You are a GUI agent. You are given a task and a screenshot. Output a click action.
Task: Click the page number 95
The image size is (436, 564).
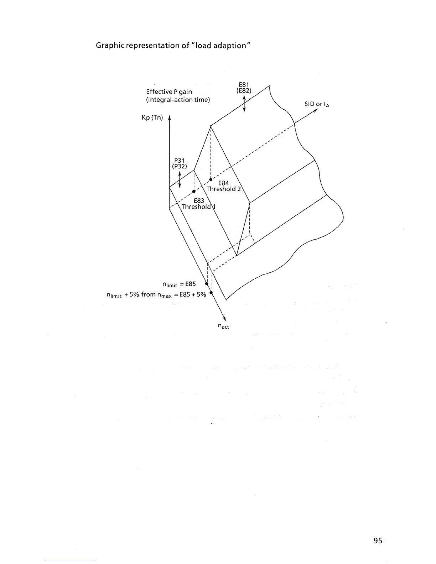click(378, 541)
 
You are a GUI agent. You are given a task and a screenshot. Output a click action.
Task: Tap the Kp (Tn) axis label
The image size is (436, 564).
click(152, 117)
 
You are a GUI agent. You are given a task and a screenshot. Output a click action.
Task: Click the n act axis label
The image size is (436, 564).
click(223, 325)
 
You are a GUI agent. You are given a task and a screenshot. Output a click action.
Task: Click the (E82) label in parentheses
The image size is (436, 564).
click(244, 91)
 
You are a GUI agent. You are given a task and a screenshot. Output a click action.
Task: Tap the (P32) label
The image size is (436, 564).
click(180, 166)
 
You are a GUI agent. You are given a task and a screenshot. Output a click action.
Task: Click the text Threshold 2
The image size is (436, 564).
click(223, 189)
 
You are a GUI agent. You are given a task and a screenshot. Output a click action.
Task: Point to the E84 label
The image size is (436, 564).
click(223, 183)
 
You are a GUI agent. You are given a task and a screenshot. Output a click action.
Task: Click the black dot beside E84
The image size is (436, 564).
click(211, 179)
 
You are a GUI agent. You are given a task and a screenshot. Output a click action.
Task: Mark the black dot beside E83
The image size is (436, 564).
click(193, 191)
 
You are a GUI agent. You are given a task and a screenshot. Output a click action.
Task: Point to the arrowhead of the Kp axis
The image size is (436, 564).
click(169, 119)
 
